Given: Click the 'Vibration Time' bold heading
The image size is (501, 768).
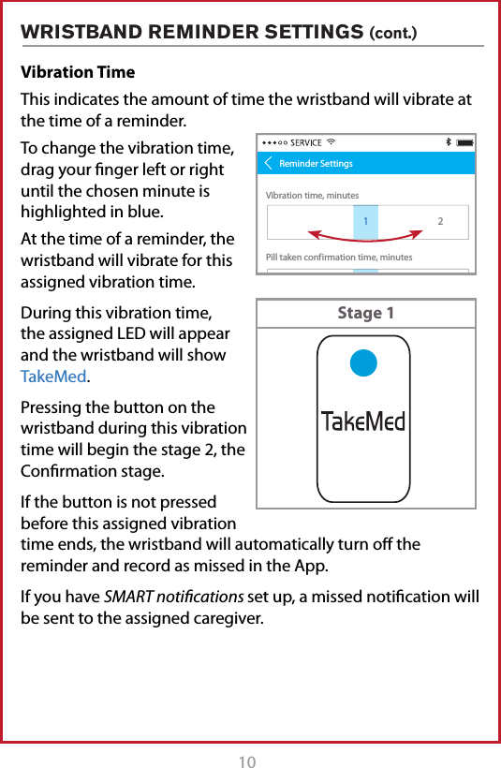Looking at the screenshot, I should pyautogui.click(x=78, y=72).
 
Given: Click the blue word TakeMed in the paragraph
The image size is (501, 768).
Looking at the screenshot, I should pyautogui.click(x=54, y=377).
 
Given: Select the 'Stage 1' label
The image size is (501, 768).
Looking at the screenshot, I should pyautogui.click(x=365, y=313).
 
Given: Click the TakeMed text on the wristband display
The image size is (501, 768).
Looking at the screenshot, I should pyautogui.click(x=364, y=421).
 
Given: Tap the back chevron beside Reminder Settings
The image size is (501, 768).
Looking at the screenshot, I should pyautogui.click(x=269, y=164).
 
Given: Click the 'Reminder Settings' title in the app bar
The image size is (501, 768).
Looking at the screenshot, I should pyautogui.click(x=316, y=164).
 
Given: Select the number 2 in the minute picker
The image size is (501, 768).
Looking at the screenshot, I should pyautogui.click(x=440, y=221).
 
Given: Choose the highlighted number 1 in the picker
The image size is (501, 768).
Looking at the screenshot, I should pyautogui.click(x=365, y=220).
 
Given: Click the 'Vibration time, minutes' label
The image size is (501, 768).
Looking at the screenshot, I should pyautogui.click(x=312, y=196).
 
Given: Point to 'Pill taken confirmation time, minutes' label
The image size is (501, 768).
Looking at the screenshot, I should pyautogui.click(x=339, y=257).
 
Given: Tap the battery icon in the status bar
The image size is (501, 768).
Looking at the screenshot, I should pyautogui.click(x=465, y=142).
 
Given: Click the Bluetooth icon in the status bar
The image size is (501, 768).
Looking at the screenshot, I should pyautogui.click(x=448, y=142).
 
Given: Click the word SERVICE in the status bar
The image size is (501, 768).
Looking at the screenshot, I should pyautogui.click(x=306, y=143).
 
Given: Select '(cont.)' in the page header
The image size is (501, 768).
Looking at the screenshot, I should pyautogui.click(x=394, y=35).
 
